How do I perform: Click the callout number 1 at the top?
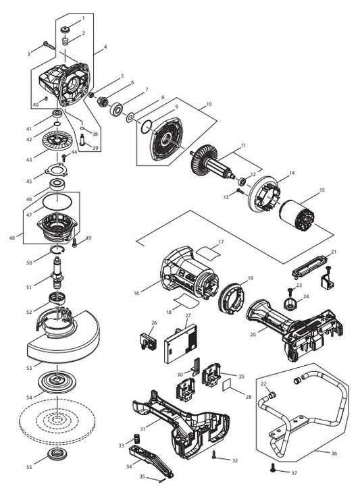click(x=84, y=18)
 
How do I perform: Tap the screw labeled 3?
click(x=49, y=45)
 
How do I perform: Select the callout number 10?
click(x=209, y=105)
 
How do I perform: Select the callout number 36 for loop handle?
click(x=333, y=454)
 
